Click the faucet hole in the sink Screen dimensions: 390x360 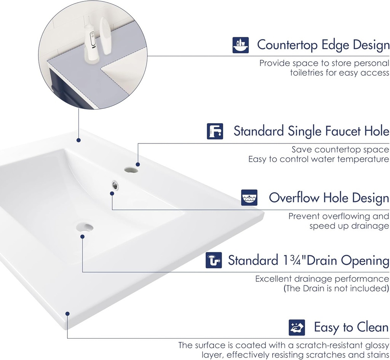tap(131, 170)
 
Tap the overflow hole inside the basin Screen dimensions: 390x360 tap(115, 185)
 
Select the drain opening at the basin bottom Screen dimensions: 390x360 tap(85, 227)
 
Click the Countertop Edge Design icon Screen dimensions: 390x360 tap(241, 45)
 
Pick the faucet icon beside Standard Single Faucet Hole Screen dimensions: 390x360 tap(215, 131)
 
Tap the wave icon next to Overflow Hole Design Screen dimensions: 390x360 tap(249, 198)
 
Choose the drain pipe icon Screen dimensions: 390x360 tap(214, 260)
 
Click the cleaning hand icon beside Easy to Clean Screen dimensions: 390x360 tap(297, 327)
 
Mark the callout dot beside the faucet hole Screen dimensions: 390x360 tap(138, 164)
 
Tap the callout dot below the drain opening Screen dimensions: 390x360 tap(82, 237)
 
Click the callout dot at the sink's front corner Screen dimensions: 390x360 tap(67, 314)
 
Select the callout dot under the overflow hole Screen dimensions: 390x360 tap(112, 193)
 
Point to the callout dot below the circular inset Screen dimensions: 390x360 tap(78, 140)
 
